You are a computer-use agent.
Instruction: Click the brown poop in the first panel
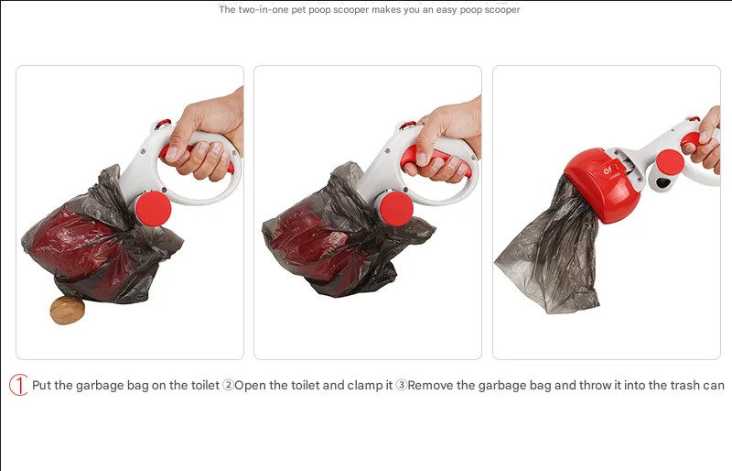coord(67,310)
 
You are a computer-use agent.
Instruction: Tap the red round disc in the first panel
coord(153,209)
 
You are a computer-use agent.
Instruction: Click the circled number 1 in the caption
coord(18,385)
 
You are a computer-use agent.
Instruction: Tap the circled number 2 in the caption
coord(228,386)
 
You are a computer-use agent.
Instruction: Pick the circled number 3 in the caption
coord(401,386)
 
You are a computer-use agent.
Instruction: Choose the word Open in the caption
coord(251,386)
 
